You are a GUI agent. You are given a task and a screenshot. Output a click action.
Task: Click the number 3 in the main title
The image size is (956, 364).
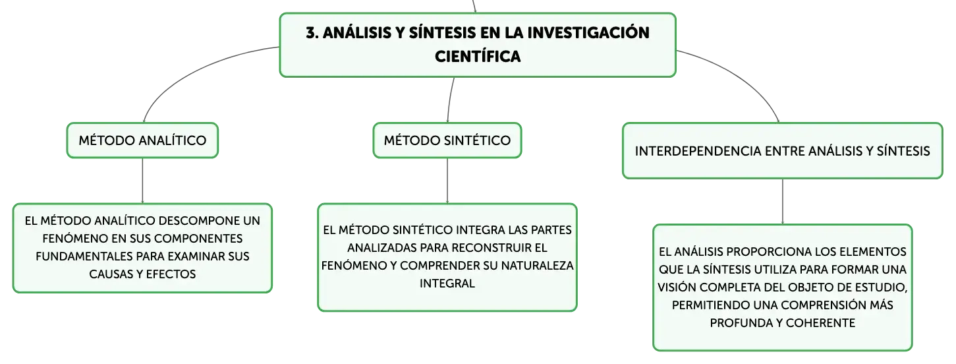pyautogui.click(x=311, y=33)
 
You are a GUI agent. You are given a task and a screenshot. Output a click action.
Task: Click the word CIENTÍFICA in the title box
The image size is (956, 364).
pyautogui.click(x=478, y=57)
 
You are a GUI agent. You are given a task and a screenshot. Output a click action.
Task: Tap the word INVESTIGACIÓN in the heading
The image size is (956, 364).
pyautogui.click(x=588, y=32)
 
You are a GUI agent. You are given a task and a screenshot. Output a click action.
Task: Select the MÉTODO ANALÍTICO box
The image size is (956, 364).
pyautogui.click(x=142, y=140)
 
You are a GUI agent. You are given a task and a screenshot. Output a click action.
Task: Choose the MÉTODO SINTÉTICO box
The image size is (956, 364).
pyautogui.click(x=447, y=140)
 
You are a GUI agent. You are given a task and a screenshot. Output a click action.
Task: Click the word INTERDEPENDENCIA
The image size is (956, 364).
pyautogui.click(x=698, y=151)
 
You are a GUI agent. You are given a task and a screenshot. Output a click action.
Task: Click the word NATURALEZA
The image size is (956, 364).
pyautogui.click(x=538, y=266)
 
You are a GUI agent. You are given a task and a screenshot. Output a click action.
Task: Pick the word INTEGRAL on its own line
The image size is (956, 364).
pyautogui.click(x=447, y=284)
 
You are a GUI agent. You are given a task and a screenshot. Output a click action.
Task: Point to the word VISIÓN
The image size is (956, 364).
pyautogui.click(x=677, y=287)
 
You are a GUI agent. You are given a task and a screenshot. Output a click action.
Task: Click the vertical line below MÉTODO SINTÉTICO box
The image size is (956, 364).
pyautogui.click(x=447, y=181)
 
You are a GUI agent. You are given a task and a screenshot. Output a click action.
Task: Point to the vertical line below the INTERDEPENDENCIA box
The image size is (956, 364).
pyautogui.click(x=783, y=201)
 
